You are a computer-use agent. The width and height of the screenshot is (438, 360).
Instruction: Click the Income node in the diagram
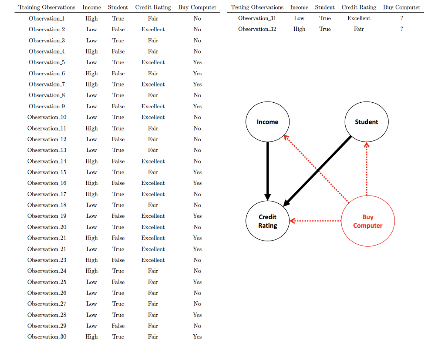(x=267, y=122)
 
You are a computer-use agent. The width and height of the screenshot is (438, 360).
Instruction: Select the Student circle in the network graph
(x=367, y=122)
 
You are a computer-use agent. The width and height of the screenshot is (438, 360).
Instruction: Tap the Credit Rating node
(x=267, y=221)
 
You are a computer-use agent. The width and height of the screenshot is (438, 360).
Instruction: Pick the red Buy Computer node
(x=367, y=221)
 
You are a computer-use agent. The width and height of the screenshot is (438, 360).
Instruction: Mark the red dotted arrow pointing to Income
(x=317, y=170)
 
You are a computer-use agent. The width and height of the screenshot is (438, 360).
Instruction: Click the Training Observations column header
(x=47, y=7)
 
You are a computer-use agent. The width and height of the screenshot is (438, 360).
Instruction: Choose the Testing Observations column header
(x=257, y=7)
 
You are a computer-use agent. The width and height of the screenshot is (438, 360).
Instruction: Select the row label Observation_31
(x=257, y=18)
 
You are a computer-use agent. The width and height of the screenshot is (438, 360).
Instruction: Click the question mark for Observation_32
(x=402, y=29)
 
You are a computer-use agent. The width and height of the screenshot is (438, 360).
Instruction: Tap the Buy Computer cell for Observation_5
(x=197, y=62)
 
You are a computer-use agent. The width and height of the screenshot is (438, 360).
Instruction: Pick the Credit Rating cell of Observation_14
(x=153, y=161)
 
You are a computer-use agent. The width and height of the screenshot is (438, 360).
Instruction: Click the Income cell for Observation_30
(x=92, y=337)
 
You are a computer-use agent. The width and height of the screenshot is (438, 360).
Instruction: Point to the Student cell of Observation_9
(x=118, y=107)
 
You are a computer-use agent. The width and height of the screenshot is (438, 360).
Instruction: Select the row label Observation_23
(x=47, y=260)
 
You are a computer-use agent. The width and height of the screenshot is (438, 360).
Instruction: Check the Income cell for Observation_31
(x=299, y=18)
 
